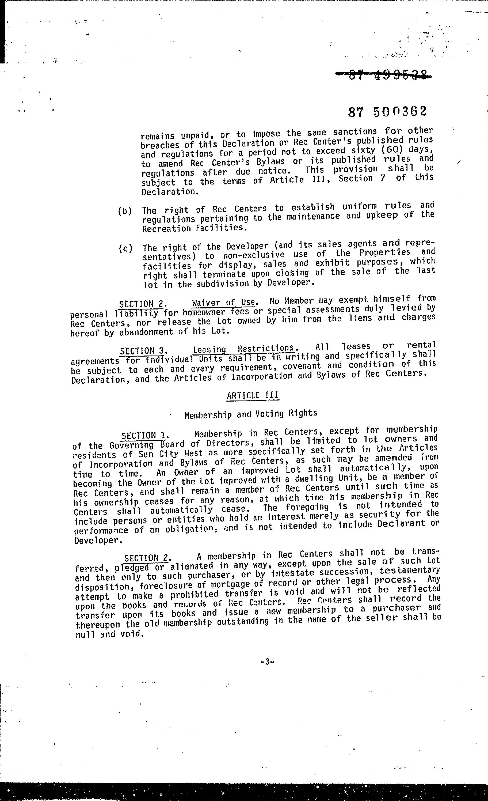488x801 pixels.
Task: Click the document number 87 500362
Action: [x=387, y=112]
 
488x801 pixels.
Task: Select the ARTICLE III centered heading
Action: [x=253, y=395]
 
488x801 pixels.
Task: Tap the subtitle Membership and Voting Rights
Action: [x=250, y=414]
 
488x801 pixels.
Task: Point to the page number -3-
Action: [x=267, y=662]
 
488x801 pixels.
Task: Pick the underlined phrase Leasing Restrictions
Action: [x=244, y=349]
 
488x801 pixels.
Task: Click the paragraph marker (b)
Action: [x=125, y=211]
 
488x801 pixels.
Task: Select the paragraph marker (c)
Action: [x=125, y=249]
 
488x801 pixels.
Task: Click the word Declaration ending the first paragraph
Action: [x=169, y=192]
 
